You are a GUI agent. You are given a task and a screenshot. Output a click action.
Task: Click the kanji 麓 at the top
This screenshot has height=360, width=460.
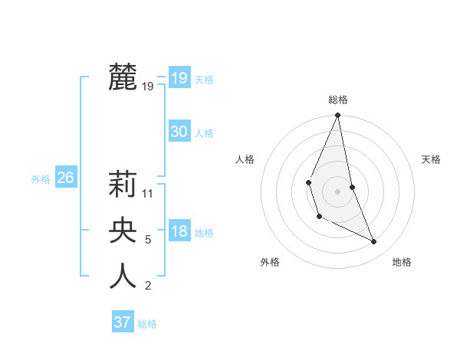coord(123,77)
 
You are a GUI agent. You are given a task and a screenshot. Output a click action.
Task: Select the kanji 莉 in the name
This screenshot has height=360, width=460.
coord(123,185)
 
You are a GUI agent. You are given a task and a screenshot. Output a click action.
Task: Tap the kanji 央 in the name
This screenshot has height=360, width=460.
coord(123,231)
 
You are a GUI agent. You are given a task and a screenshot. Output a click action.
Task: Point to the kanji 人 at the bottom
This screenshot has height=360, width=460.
coord(123,277)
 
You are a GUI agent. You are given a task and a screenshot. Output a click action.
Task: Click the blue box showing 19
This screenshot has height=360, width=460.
coord(179,78)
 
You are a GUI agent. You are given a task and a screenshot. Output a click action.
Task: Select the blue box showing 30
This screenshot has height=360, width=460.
coord(179,132)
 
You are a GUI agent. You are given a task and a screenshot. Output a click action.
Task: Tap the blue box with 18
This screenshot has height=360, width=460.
coord(179,231)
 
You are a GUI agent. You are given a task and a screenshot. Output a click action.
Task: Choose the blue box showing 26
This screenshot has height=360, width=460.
coord(65,178)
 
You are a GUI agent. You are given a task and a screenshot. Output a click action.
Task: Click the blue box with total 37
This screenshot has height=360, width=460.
coord(123,322)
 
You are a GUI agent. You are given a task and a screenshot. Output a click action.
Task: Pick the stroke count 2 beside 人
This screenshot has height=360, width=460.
coord(148,286)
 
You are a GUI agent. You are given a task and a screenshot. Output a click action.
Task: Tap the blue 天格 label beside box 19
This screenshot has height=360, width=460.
coord(204,80)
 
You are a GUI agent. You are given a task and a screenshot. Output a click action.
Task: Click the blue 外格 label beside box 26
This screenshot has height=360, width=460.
coord(41,179)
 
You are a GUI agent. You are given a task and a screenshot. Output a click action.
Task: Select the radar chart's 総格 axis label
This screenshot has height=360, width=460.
coord(337,100)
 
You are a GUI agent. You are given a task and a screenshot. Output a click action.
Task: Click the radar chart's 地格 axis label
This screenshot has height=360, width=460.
coord(402,263)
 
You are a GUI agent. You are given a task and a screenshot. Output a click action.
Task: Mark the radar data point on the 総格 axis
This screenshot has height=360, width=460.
coord(337,116)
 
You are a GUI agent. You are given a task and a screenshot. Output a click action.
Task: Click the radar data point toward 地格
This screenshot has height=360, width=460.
coord(374,241)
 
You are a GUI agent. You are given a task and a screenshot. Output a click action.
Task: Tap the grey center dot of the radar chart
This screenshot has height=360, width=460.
coord(337,190)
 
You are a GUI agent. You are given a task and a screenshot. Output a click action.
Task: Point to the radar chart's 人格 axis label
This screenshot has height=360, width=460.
coord(245,159)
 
